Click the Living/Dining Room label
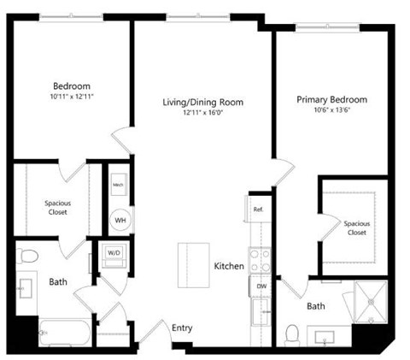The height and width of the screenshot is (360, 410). click(203, 102)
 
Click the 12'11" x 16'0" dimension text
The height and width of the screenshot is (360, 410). click(203, 113)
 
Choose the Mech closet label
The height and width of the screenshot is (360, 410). click(119, 183)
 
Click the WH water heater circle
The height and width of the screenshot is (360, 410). click(120, 218)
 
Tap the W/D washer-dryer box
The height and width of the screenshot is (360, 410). click(114, 253)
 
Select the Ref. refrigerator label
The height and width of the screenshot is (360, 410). click(258, 209)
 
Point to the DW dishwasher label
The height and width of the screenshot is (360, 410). click(261, 286)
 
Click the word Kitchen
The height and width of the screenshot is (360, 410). click(229, 267)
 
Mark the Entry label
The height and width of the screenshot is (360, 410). click(181, 328)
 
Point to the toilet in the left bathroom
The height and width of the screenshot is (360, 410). click(27, 255)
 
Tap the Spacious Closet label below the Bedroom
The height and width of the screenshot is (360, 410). click(58, 208)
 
